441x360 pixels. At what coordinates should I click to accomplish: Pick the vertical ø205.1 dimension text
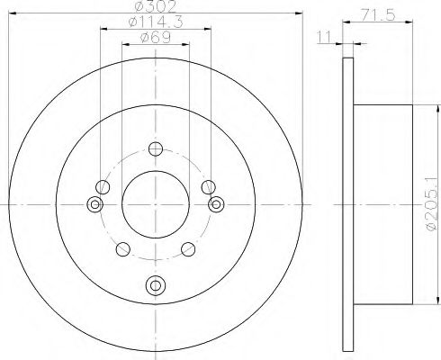pos(430,201)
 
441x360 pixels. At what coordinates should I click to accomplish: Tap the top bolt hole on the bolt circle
pos(156,149)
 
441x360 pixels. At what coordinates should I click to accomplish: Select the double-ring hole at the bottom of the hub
pos(156,283)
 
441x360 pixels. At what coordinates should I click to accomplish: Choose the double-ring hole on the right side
pos(215,205)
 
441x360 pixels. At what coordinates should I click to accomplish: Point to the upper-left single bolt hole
pos(103,187)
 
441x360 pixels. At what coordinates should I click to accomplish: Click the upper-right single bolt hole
pos(209,187)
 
